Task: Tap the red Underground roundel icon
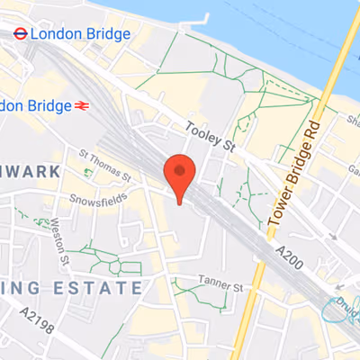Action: [x=18, y=33]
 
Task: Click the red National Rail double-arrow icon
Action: [x=80, y=105]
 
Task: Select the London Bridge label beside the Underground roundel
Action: [x=80, y=34]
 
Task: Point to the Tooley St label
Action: [x=210, y=133]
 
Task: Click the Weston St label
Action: [x=59, y=240]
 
